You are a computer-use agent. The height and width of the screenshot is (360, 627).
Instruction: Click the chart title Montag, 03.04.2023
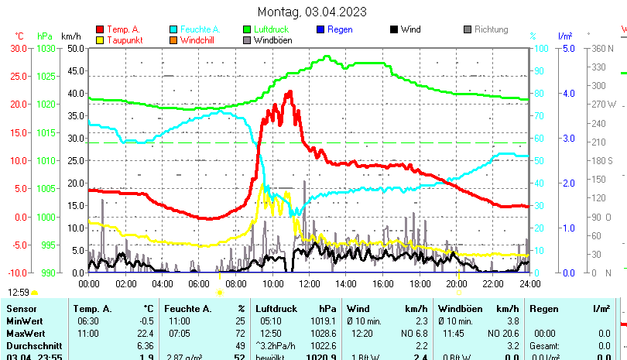pyautogui.click(x=312, y=12)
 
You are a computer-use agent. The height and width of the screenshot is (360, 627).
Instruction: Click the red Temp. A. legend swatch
pyautogui.click(x=101, y=30)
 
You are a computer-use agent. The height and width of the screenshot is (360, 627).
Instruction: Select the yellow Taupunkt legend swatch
pyautogui.click(x=101, y=40)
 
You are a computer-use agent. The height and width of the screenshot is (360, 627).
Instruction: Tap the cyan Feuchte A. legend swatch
pyautogui.click(x=174, y=30)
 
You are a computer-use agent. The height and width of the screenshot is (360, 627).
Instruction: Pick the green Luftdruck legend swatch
pyautogui.click(x=248, y=30)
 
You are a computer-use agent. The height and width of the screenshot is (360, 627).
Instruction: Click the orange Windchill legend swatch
pyautogui.click(x=174, y=40)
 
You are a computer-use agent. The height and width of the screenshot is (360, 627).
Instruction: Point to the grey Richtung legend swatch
pyautogui.click(x=468, y=30)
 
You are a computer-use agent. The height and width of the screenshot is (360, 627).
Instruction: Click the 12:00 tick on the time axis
pyautogui.click(x=309, y=284)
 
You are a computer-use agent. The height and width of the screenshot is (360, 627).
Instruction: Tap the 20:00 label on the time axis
pyautogui.click(x=456, y=284)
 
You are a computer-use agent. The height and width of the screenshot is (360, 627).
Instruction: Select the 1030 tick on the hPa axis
pyautogui.click(x=45, y=48)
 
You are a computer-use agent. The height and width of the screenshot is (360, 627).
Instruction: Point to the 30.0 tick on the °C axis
pyautogui.click(x=19, y=48)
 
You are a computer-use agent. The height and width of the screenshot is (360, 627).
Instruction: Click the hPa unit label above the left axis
pyautogui.click(x=45, y=36)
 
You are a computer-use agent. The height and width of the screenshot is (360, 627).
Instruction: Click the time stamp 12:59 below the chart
pyautogui.click(x=19, y=292)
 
